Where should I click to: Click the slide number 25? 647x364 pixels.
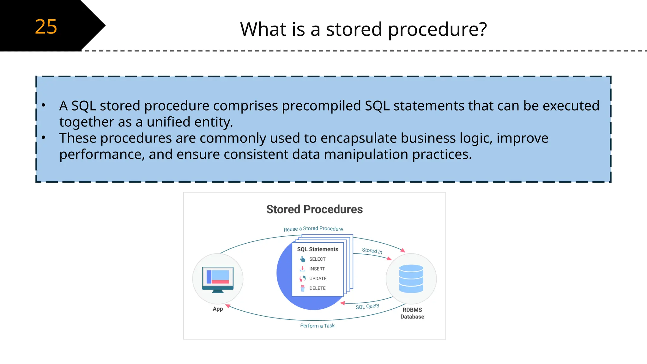click(x=46, y=27)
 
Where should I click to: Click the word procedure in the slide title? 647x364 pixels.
click(x=437, y=29)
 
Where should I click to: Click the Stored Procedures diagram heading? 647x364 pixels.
click(x=314, y=209)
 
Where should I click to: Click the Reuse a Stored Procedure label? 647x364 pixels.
click(x=313, y=229)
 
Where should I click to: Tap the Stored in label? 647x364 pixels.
click(x=372, y=251)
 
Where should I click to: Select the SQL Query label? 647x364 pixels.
click(x=367, y=306)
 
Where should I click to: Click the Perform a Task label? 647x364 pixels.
click(x=317, y=326)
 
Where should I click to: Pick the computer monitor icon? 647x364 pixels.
click(x=218, y=279)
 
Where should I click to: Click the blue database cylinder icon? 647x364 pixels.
click(x=411, y=279)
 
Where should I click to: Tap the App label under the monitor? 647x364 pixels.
click(x=218, y=309)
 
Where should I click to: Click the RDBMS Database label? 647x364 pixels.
click(x=412, y=313)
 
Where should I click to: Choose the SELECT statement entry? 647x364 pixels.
click(x=317, y=259)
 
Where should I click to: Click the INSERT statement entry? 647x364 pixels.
click(x=317, y=269)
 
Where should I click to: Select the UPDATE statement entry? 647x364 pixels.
click(x=318, y=278)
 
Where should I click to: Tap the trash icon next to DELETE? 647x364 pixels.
click(x=302, y=288)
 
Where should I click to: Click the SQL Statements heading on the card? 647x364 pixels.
click(x=317, y=249)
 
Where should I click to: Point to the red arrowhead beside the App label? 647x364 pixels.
click(x=228, y=306)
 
